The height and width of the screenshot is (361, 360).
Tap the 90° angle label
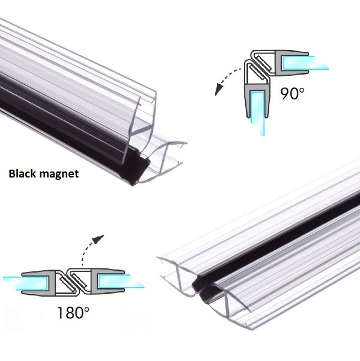pos(292,93)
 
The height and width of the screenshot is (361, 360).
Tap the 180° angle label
pos(73,312)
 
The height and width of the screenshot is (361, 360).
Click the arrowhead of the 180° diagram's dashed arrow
pos(99,239)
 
